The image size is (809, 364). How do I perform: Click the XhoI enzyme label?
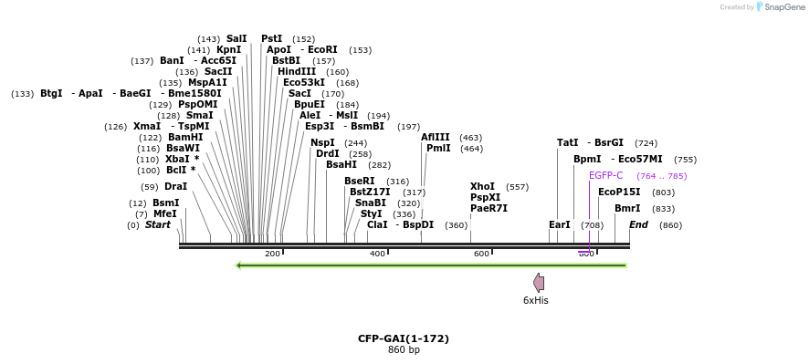pyautogui.click(x=482, y=186)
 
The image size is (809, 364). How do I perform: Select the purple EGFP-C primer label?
pyautogui.click(x=605, y=175)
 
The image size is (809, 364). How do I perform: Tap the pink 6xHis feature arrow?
pyautogui.click(x=539, y=283)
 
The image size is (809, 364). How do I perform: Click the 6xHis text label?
pyautogui.click(x=536, y=300)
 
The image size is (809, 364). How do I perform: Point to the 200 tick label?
pyautogui.click(x=272, y=253)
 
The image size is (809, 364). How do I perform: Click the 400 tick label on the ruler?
pyautogui.click(x=377, y=253)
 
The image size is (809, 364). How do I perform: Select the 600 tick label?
pyautogui.click(x=481, y=253)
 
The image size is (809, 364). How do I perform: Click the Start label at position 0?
pyautogui.click(x=158, y=224)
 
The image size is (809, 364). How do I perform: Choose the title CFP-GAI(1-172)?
pyautogui.click(x=404, y=338)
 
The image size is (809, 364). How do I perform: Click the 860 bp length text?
pyautogui.click(x=404, y=349)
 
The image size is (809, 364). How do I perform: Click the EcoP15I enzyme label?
pyautogui.click(x=618, y=192)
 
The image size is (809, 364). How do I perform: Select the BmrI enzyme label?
pyautogui.click(x=627, y=208)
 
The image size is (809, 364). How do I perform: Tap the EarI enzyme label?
pyautogui.click(x=560, y=224)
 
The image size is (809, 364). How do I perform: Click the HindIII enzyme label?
pyautogui.click(x=297, y=71)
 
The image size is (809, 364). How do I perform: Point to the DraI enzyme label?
pyautogui.click(x=175, y=186)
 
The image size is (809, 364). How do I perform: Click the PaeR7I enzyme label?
pyautogui.click(x=489, y=208)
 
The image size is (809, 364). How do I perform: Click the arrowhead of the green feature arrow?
pyautogui.click(x=238, y=265)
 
